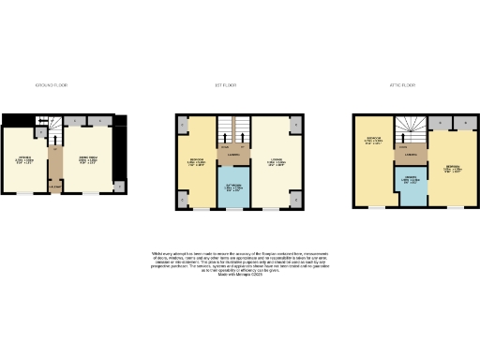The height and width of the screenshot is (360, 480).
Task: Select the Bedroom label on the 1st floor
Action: coord(198,160)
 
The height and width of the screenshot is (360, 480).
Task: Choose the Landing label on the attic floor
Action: coord(411,154)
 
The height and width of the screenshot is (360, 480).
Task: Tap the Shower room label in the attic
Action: coord(411,179)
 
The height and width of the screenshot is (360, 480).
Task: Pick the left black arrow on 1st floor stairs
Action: coord(224,147)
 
